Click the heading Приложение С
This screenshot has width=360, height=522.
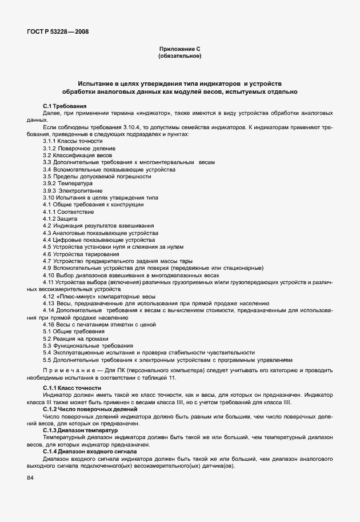[x=179, y=49]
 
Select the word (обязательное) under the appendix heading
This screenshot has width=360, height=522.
[x=179, y=57]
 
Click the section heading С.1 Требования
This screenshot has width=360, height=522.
[x=65, y=106]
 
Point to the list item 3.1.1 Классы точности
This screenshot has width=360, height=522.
[x=73, y=141]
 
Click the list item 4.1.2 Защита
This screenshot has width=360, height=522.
[x=59, y=218]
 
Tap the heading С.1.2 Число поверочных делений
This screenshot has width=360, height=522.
[x=90, y=409]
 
